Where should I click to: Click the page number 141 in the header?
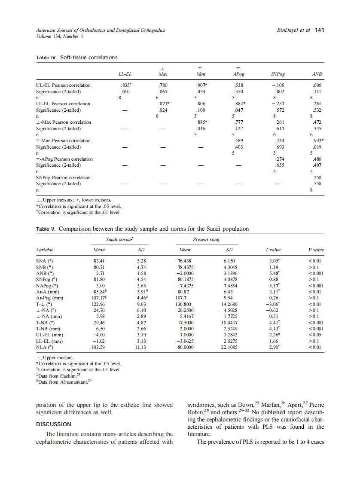(319, 30)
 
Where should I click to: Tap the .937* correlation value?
(317, 140)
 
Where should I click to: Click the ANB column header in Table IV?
(317, 74)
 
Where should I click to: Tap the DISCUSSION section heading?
(53, 424)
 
